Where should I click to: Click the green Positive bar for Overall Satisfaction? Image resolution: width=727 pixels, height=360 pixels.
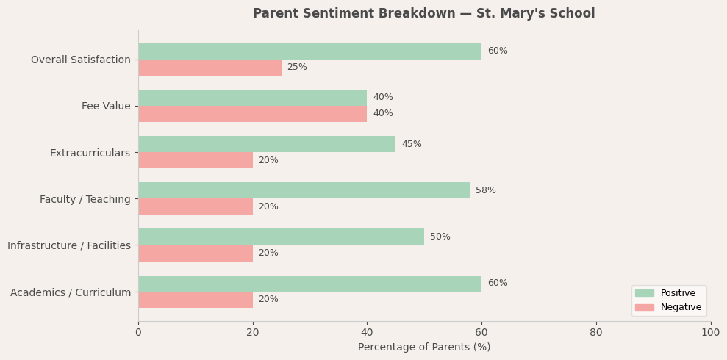309,51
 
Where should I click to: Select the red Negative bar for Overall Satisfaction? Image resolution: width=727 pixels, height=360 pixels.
209,68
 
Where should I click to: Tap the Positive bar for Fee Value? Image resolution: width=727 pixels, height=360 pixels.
252,98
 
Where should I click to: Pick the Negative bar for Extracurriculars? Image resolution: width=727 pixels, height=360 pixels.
196,160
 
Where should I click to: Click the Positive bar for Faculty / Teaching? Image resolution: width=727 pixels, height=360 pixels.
304,190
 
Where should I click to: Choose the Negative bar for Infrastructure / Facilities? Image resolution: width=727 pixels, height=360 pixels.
196,253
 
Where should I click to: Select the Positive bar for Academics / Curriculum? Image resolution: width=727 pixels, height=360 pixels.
309,284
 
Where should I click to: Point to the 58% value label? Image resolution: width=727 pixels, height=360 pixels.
486,191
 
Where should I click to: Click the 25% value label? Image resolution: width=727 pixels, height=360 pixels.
297,68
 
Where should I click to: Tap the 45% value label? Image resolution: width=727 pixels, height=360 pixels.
412,145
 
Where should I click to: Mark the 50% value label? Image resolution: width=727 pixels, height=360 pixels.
440,237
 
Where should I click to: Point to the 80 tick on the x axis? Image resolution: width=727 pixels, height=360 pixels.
596,333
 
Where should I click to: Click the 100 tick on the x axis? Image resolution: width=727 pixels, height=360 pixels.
710,333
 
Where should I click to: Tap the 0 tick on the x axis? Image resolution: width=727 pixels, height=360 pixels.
138,333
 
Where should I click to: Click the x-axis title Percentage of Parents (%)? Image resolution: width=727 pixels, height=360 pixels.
424,348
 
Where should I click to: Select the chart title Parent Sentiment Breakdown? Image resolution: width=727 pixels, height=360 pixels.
424,14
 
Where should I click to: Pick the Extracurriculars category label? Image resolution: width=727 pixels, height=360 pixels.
90,153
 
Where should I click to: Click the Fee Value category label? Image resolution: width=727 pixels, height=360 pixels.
106,107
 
